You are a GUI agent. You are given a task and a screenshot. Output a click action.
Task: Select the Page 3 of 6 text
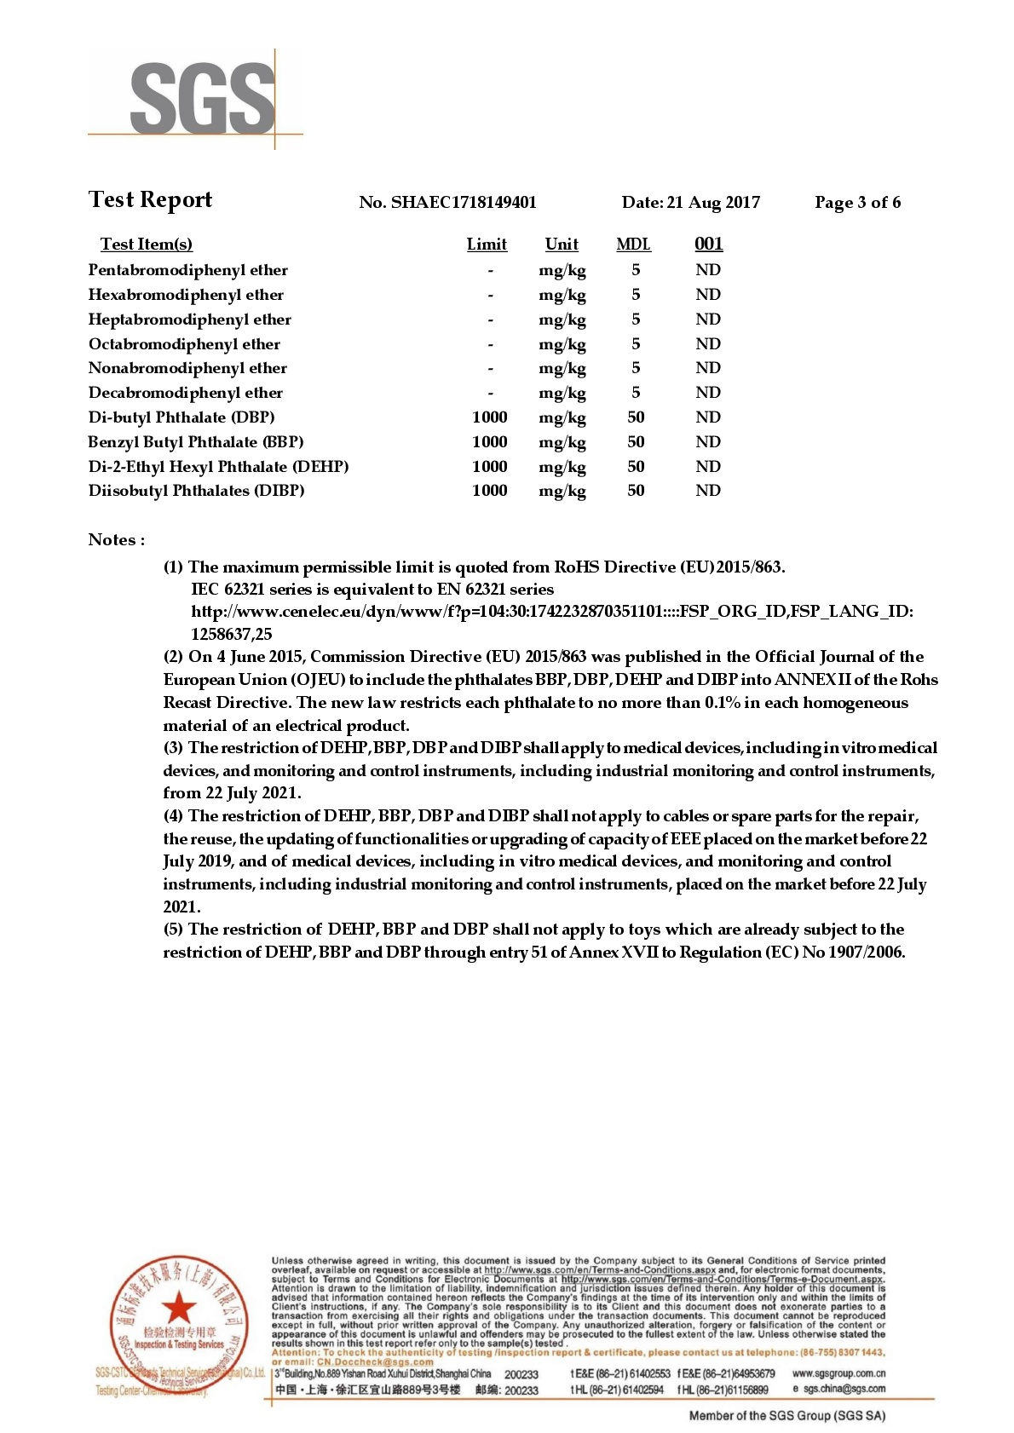click(x=857, y=202)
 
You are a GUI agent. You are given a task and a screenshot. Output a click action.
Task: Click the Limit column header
click(x=487, y=245)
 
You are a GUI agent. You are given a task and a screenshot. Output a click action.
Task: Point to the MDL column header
click(x=633, y=245)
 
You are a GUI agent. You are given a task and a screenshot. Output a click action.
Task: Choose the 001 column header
click(x=708, y=245)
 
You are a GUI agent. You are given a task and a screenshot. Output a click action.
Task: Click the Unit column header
click(x=562, y=245)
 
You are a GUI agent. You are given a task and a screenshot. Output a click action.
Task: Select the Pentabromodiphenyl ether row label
click(x=187, y=270)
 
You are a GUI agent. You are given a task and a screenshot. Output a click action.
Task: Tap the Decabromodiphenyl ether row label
click(x=185, y=393)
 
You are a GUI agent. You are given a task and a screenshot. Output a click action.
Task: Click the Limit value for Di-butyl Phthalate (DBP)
click(x=489, y=417)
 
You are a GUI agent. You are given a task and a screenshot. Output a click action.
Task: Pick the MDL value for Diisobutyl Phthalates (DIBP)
click(x=636, y=491)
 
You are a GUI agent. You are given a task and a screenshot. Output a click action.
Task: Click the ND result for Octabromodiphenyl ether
click(x=707, y=344)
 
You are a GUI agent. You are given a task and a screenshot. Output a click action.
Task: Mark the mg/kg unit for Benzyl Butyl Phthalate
click(x=562, y=442)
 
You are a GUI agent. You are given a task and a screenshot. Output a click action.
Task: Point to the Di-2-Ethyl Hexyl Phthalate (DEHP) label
click(x=218, y=467)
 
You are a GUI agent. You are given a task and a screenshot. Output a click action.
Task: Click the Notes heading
click(x=116, y=540)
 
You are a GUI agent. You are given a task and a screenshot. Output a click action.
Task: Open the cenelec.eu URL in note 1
click(x=551, y=612)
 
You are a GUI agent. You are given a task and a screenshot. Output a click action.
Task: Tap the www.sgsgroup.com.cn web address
click(x=838, y=1373)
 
